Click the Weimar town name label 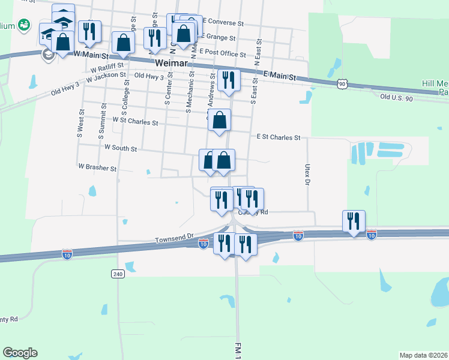point(172,63)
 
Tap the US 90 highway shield point(342,85)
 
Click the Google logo point(20,353)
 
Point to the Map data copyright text point(423,355)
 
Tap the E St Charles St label point(278,137)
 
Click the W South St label point(121,148)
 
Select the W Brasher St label point(97,168)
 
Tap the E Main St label point(280,75)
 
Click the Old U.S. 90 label point(397,97)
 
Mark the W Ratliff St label point(104,66)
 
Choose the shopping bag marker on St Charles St point(220,120)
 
